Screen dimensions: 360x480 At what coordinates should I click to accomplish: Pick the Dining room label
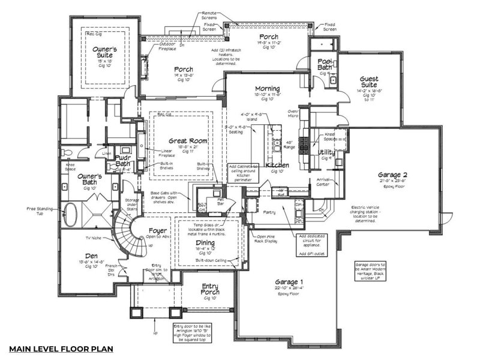point(205,242)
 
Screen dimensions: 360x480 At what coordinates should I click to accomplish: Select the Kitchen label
point(277,164)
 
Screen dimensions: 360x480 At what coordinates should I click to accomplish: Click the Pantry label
point(269,212)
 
